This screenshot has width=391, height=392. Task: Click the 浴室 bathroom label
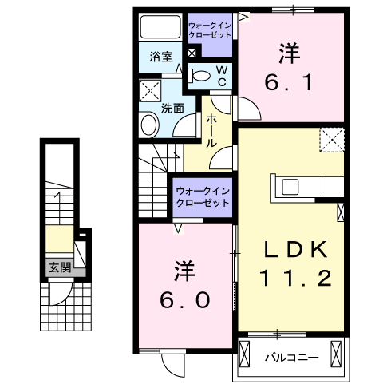point(161,57)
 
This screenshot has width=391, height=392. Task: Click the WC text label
point(223,76)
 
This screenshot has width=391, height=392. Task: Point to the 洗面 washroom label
point(173,106)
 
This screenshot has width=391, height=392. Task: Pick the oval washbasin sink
point(148,125)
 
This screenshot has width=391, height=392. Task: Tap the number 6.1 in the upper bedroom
point(289,81)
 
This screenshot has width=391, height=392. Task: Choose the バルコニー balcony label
point(292,357)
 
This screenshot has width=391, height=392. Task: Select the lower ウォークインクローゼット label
point(203,196)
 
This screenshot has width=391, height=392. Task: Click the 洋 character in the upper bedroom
point(289,53)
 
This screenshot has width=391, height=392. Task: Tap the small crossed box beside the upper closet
point(192,53)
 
